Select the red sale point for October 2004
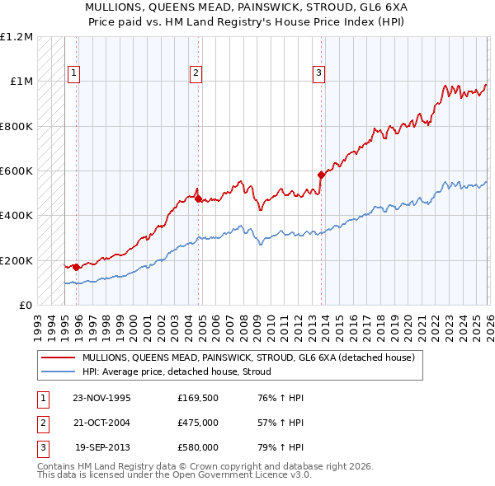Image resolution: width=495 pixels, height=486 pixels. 198,199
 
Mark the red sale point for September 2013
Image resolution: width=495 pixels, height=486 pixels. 320,175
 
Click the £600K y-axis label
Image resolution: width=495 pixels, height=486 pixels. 16,171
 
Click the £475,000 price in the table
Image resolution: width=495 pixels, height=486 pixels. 198,423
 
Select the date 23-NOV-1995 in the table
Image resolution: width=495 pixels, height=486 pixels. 101,398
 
